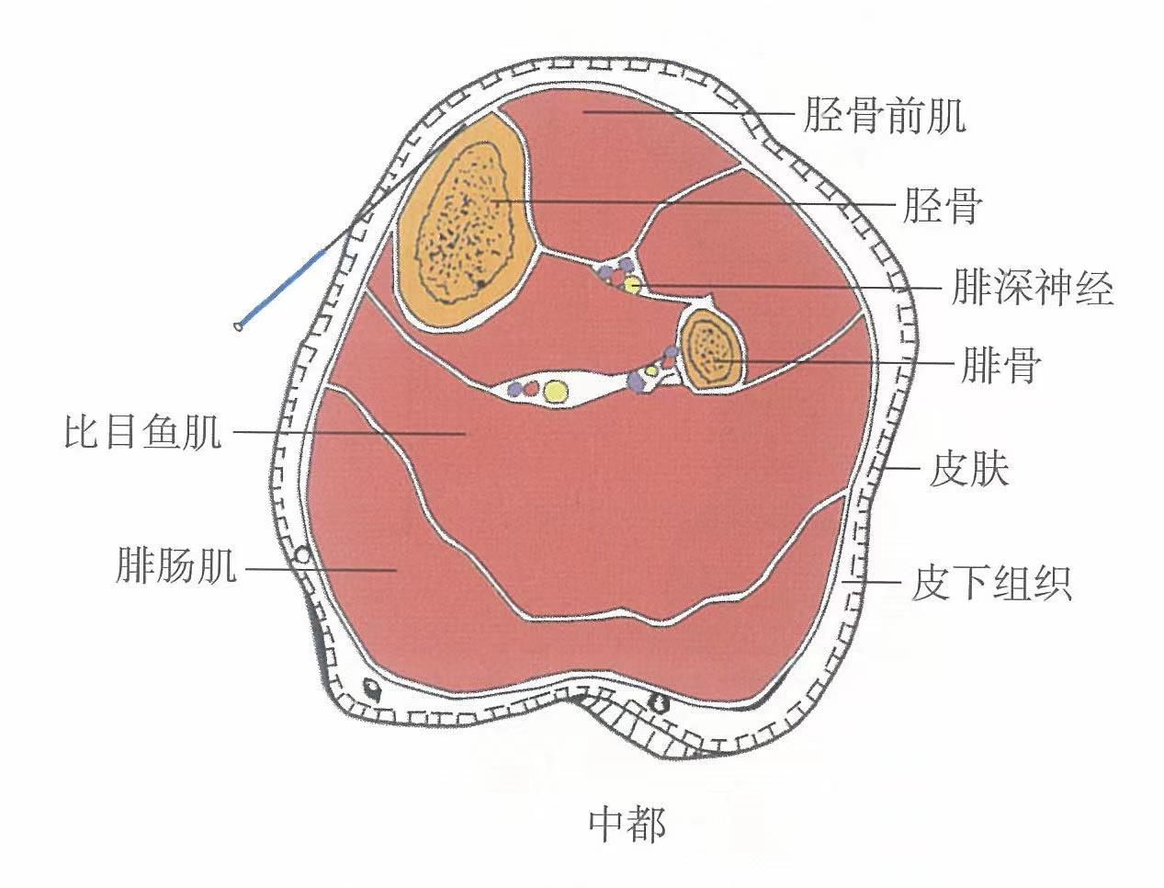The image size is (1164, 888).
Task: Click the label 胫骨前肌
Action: pos(884,117)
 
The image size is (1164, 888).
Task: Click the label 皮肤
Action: pos(968,470)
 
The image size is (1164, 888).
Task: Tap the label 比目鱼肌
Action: pos(143,431)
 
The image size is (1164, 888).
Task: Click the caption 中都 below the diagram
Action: pos(627,825)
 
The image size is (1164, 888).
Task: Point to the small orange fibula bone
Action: pos(711,348)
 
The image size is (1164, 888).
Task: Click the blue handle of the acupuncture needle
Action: pos(286,286)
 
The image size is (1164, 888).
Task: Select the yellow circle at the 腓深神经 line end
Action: pos(632,284)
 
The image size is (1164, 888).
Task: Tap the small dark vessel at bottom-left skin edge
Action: pos(371,688)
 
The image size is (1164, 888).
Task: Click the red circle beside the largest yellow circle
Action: pos(530,388)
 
